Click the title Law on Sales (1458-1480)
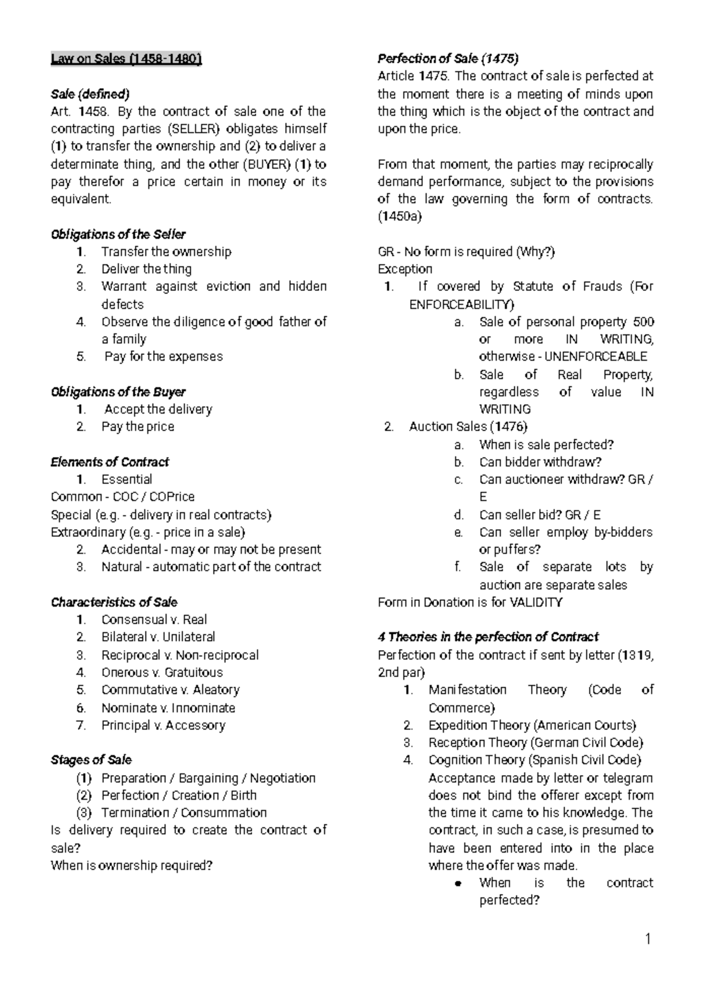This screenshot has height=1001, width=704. point(126,59)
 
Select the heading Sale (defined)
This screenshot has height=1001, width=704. point(90,94)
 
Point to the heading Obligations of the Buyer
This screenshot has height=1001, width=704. point(118,391)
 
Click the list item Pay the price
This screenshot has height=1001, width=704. point(137,427)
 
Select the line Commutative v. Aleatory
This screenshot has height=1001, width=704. point(170,689)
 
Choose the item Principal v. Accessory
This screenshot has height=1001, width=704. point(163,725)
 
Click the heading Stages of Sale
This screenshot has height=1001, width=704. point(91,760)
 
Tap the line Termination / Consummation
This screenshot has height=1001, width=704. point(184,813)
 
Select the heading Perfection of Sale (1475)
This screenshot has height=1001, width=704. point(448,59)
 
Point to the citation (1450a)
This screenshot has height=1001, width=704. point(400,217)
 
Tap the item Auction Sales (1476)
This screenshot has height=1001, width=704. point(468,427)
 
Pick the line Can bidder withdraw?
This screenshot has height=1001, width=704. point(540,462)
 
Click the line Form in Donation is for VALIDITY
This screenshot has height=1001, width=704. point(470,602)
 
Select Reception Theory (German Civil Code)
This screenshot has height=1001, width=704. point(536,742)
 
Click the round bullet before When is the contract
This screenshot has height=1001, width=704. point(461,884)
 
